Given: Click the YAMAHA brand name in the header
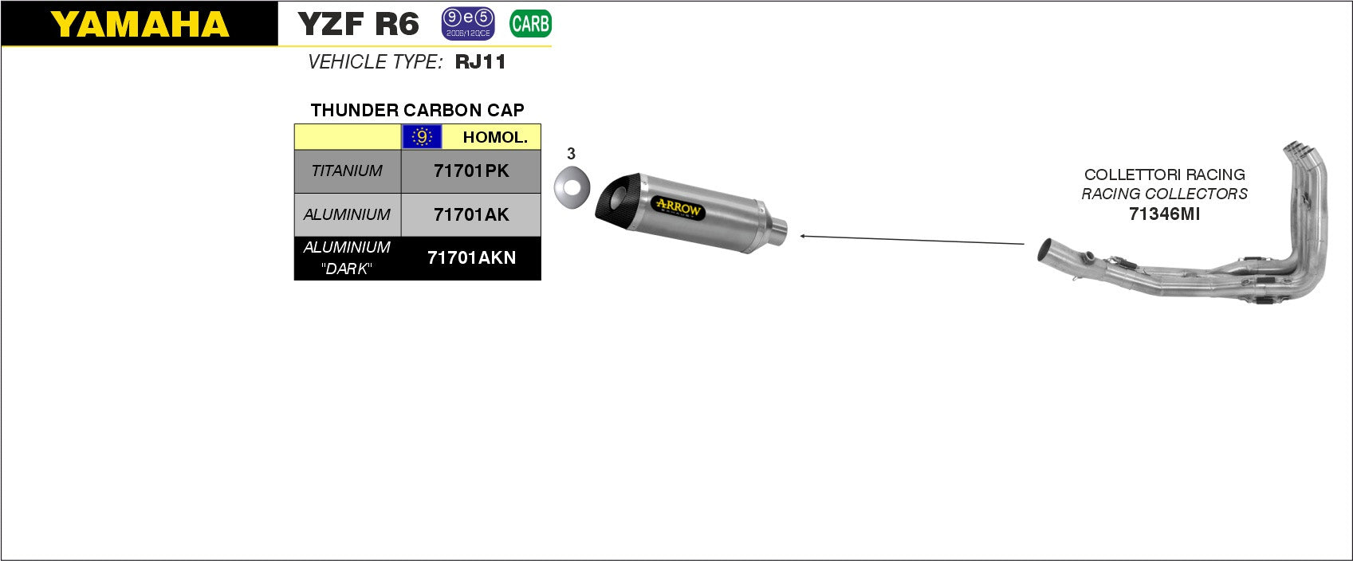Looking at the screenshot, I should click(x=140, y=25).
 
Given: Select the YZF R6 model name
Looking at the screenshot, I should click(x=358, y=24).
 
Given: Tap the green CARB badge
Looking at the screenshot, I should click(x=530, y=24).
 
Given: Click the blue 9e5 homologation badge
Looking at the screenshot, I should click(x=468, y=24).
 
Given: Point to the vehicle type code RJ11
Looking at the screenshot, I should click(x=481, y=62).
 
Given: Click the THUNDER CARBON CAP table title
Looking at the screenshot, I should click(x=417, y=110).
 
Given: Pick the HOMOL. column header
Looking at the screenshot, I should click(x=494, y=137).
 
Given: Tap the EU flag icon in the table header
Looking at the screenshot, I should click(x=422, y=137).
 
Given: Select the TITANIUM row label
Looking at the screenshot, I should click(x=347, y=171).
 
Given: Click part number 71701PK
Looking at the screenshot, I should click(x=471, y=171).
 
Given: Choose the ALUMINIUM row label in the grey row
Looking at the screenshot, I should click(x=347, y=214).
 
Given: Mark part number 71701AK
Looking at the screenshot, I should click(x=471, y=214).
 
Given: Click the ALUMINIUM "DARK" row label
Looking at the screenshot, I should click(x=347, y=258).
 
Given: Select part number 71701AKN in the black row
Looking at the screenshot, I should click(x=471, y=258).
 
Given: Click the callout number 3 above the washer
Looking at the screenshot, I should click(x=571, y=154).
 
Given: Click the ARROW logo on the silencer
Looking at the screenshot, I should click(x=678, y=208).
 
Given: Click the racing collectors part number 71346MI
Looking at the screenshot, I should click(x=1164, y=214).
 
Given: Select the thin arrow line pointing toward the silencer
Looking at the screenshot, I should click(x=912, y=239).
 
